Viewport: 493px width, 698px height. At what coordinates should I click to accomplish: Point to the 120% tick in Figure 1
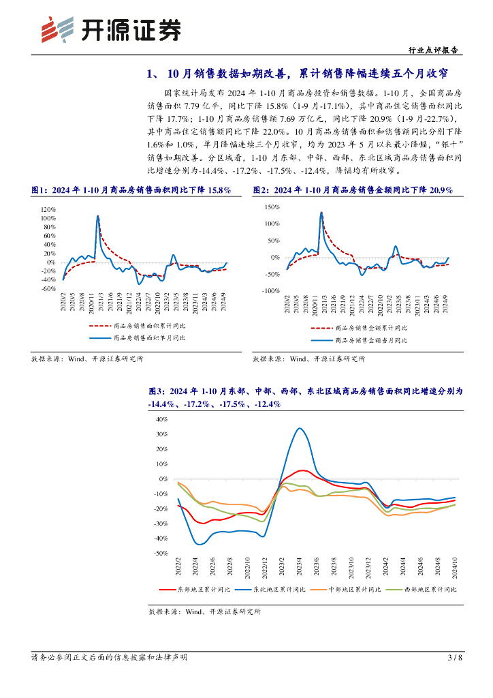(x=47, y=209)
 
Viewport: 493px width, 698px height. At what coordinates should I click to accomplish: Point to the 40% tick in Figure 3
(x=161, y=419)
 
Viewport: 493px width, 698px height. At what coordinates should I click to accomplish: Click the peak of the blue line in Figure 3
(x=300, y=428)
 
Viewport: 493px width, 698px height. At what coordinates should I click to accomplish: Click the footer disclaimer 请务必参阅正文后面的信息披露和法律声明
(x=110, y=657)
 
